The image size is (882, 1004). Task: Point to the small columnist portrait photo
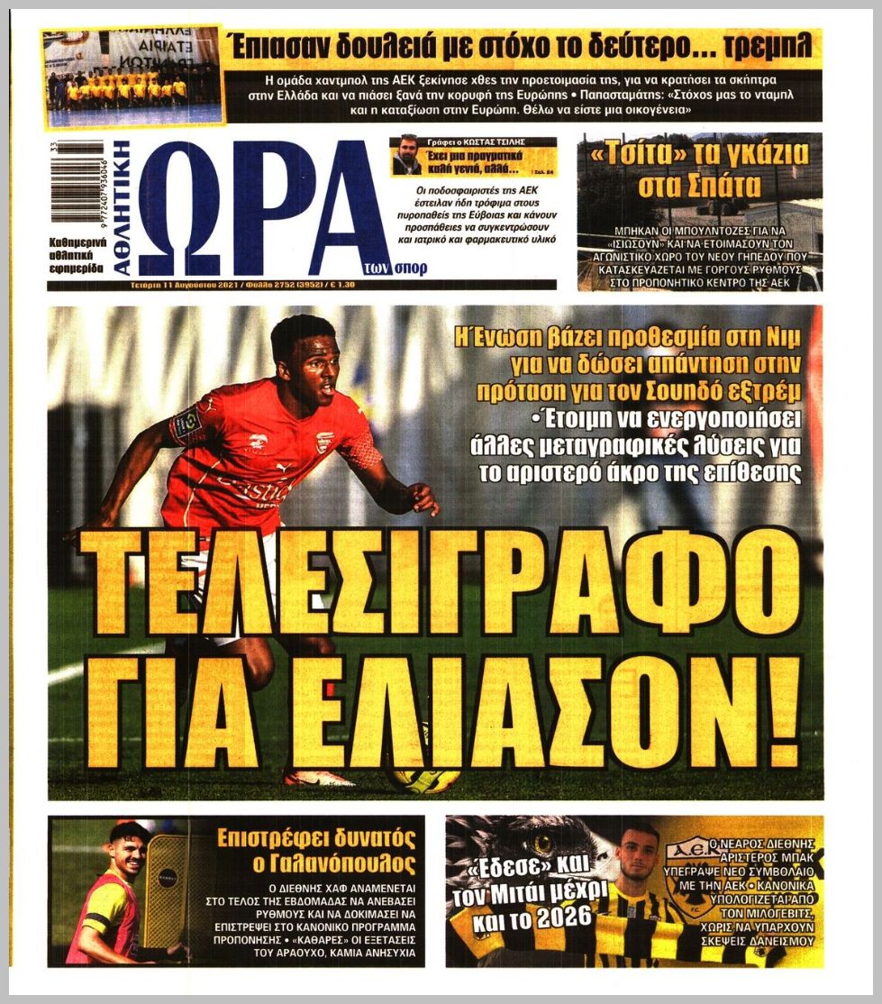(406, 156)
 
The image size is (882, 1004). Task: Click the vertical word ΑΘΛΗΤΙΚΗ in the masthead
(122, 208)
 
